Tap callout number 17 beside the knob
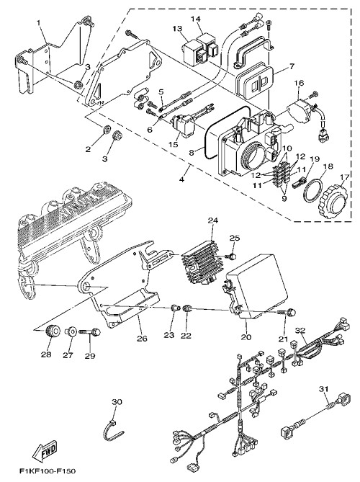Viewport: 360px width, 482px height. click(x=345, y=177)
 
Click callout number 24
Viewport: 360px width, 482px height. click(x=212, y=220)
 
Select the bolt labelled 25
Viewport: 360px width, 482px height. click(x=230, y=256)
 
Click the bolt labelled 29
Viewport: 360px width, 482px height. click(x=90, y=332)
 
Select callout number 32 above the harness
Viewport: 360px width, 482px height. click(x=301, y=331)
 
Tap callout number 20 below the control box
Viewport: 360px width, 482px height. click(x=246, y=337)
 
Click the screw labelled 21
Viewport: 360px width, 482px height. click(x=287, y=313)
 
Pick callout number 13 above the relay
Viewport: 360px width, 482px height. click(x=177, y=29)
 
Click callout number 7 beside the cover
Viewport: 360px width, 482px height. click(x=291, y=66)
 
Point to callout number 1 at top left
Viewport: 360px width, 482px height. click(x=38, y=22)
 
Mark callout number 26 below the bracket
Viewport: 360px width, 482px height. click(x=142, y=339)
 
